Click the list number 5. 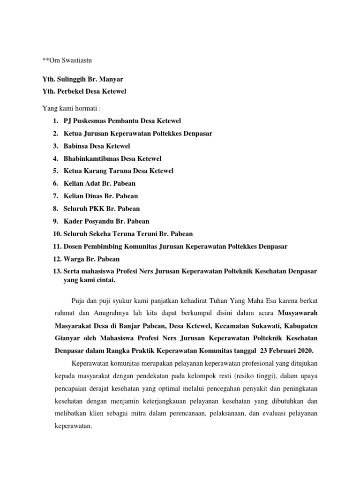(55, 171)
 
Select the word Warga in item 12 (74, 259)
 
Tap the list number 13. (57, 271)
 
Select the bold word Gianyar (56, 338)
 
